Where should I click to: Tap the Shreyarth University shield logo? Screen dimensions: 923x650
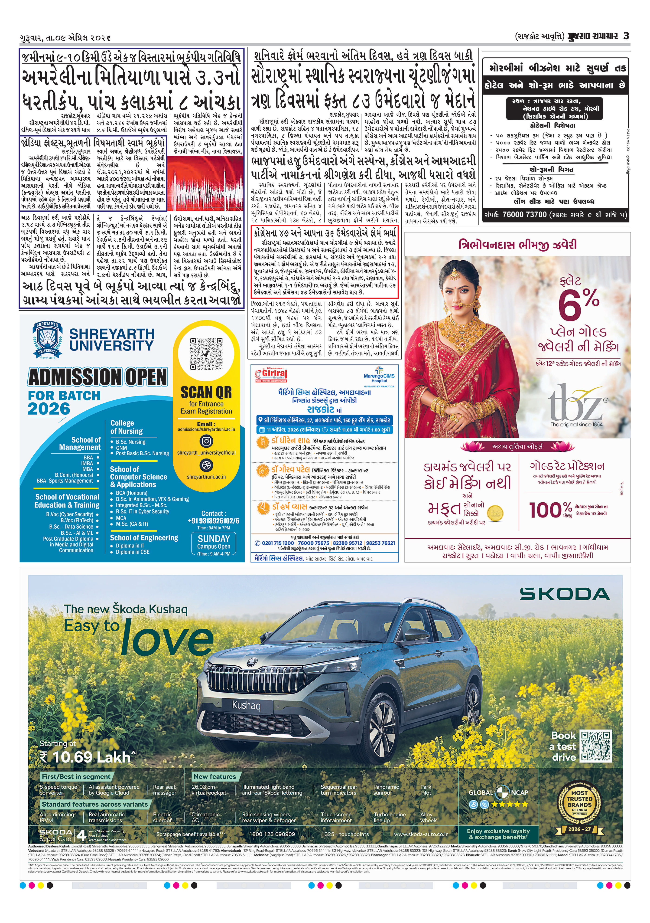47,340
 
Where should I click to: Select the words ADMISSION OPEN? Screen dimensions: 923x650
97,377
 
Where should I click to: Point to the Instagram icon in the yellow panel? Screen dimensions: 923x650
206,441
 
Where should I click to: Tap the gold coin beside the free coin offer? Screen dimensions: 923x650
495,513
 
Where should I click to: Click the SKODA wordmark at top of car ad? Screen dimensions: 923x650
564,594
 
